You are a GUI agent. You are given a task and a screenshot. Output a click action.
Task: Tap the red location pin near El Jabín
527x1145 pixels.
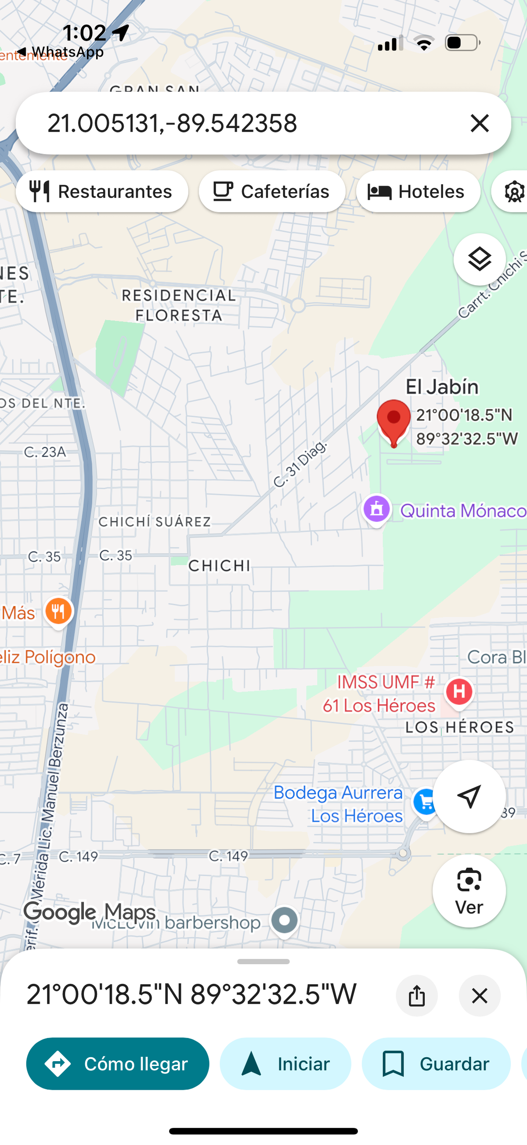point(393,420)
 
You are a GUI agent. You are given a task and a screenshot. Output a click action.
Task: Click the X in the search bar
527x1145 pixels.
point(480,123)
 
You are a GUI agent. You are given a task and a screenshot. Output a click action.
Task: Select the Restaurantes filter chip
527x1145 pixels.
point(102,192)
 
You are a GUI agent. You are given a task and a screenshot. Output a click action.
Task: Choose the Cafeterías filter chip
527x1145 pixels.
point(272,192)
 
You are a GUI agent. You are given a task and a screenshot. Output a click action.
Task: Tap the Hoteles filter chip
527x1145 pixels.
point(418,192)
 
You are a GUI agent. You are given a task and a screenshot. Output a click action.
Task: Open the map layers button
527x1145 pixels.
point(480,259)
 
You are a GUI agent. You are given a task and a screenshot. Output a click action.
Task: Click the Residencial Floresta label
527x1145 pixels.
point(178,305)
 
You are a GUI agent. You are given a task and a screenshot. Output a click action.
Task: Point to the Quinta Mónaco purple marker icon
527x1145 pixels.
point(377,510)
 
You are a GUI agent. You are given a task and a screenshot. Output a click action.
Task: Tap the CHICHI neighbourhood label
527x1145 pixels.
point(219,566)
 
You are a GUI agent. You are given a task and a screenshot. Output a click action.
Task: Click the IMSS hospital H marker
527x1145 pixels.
point(459,692)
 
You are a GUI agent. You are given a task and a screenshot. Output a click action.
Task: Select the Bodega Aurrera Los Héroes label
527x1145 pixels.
point(338,804)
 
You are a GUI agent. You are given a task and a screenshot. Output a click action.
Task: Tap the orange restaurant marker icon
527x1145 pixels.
point(58,612)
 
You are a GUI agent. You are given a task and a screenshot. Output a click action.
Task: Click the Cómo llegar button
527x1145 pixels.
point(117,1064)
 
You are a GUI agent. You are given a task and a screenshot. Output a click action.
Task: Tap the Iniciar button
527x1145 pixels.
point(285,1064)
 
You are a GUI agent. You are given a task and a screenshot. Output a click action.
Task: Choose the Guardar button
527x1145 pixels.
point(436,1064)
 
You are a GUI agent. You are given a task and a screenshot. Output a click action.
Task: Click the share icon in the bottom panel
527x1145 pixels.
point(417,996)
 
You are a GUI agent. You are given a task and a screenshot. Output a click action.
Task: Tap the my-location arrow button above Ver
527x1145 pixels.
point(469,797)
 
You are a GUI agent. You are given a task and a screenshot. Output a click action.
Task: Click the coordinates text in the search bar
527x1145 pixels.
point(172,123)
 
